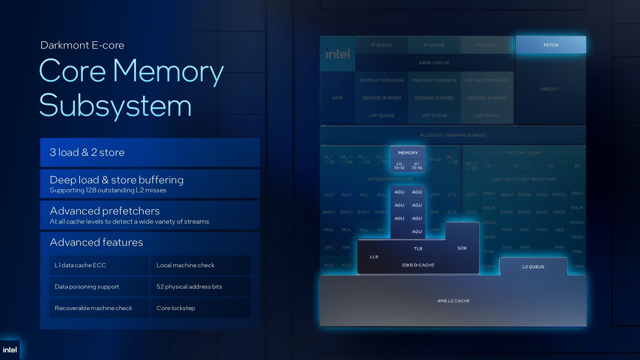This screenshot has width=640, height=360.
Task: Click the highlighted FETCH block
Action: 551,45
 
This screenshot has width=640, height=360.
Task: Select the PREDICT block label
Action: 550,89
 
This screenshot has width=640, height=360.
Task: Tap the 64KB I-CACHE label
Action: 434,63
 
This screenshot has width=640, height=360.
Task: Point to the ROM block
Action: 338,98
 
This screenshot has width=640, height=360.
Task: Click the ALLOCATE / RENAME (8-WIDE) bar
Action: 453,135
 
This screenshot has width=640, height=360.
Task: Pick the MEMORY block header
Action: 408,153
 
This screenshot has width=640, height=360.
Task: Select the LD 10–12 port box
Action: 399,166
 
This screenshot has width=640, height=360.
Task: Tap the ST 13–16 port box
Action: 417,166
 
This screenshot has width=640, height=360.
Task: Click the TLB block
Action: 418,249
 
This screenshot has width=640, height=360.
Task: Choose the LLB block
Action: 374,257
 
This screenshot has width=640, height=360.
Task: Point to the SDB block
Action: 462,248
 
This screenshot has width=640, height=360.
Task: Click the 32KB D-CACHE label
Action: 418,265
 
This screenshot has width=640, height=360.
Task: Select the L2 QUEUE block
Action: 533,267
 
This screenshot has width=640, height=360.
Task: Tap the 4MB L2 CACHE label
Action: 453,301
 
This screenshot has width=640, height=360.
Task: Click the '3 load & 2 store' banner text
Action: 87,152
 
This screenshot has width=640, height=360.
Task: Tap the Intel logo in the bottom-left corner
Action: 10,350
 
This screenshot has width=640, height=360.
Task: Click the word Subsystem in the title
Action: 115,106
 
